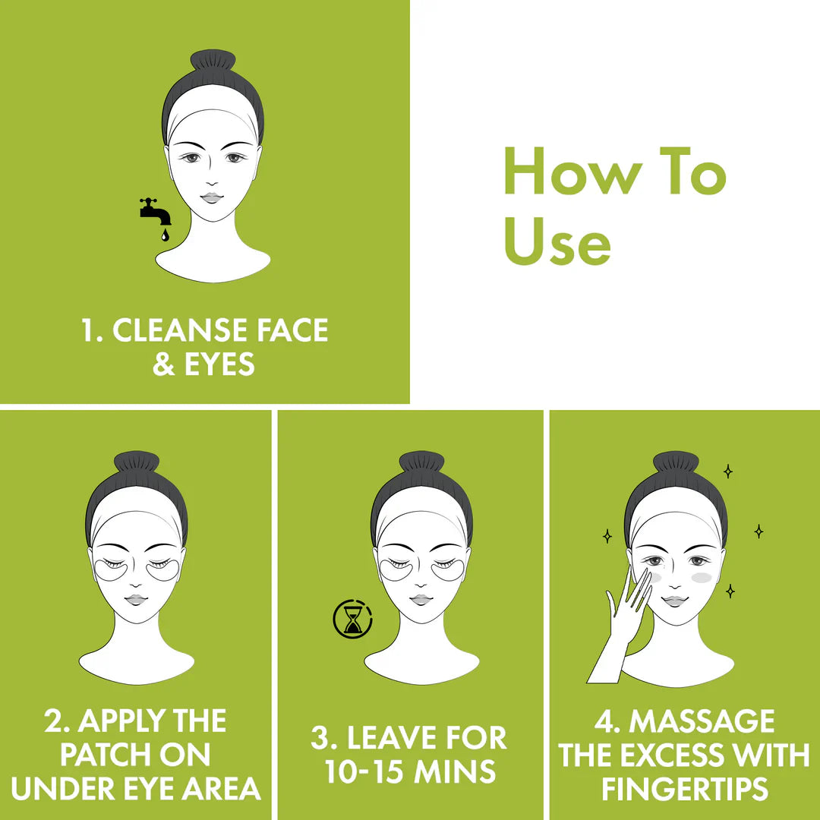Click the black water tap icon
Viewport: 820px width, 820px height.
pos(155,210)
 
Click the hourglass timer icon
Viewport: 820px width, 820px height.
pos(352,620)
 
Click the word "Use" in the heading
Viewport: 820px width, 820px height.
pos(557,242)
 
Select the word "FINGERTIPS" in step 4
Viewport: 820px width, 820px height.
pos(683,788)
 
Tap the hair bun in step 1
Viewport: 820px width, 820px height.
pos(213,61)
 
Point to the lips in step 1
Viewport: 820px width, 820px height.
pos(213,197)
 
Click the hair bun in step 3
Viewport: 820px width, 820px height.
pos(421,462)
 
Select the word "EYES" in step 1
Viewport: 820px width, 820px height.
pos(220,365)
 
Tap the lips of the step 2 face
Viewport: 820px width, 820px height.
pos(137,599)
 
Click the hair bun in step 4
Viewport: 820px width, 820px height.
pos(676,462)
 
